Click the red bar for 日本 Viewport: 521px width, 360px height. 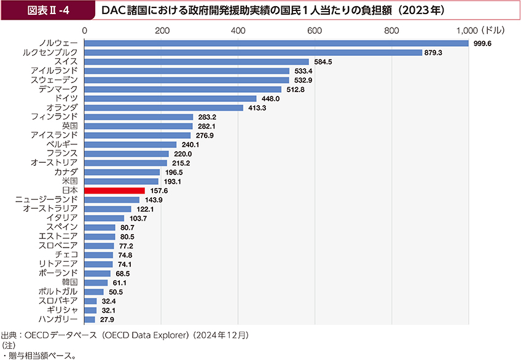[x=114, y=191]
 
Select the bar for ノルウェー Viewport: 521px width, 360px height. [x=276, y=43]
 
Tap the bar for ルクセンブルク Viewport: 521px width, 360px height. [x=253, y=53]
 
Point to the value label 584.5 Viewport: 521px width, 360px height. [x=322, y=62]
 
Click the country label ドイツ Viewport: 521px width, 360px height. [x=66, y=98]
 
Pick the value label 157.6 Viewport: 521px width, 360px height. [x=158, y=191]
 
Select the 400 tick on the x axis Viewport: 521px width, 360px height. [x=238, y=29]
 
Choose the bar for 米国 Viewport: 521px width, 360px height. [x=121, y=182]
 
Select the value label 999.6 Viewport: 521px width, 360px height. [x=482, y=44]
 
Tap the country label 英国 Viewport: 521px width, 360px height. [x=69, y=126]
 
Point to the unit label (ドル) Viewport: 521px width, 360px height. [x=492, y=29]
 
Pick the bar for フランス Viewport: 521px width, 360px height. [x=126, y=154]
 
